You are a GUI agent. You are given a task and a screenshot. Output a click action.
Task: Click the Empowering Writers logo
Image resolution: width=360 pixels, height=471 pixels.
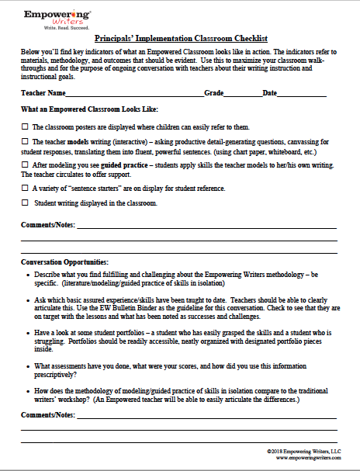click(57, 16)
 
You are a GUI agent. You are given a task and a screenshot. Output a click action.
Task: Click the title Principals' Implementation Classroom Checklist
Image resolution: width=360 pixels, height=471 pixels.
click(180, 37)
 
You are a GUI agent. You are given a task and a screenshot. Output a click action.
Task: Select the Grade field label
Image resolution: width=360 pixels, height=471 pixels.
click(214, 92)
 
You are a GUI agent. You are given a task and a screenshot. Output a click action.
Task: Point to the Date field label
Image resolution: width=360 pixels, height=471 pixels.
click(270, 92)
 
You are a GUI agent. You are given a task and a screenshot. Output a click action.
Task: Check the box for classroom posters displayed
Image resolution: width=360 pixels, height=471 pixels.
click(26, 126)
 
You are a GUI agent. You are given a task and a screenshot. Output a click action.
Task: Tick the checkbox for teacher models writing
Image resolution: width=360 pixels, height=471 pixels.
click(26, 142)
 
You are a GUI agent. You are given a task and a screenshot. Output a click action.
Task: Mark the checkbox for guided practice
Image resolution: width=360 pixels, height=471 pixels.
click(26, 165)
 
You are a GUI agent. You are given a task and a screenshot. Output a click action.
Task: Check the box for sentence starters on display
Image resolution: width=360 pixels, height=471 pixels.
click(26, 188)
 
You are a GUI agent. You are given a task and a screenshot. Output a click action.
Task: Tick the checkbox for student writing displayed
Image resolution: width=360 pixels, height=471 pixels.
click(26, 203)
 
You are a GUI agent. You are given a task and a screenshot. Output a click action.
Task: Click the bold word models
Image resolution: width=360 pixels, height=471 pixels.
click(77, 142)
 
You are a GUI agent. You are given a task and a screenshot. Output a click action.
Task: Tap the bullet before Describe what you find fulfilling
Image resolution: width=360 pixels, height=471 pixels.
click(28, 275)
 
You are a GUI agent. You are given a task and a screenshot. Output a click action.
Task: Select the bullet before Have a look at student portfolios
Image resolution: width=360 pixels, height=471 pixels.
click(28, 333)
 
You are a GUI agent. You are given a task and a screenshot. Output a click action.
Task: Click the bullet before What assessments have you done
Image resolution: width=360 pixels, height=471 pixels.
click(28, 365)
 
